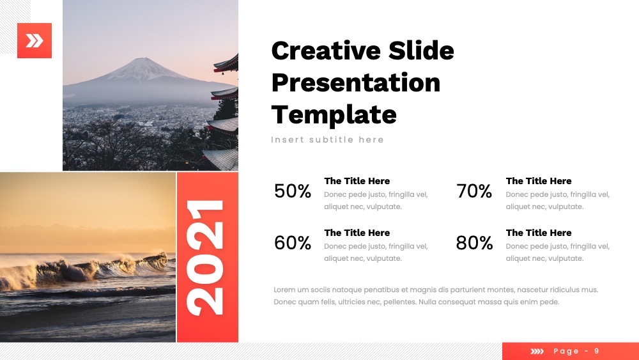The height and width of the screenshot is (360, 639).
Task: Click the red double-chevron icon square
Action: pos(35,40)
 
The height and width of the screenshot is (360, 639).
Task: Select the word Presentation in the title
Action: pos(356,82)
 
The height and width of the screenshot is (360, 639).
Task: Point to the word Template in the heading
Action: pos(334,114)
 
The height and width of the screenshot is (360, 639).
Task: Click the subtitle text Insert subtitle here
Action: pos(327,139)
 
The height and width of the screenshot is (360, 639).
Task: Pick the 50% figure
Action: pos(293,191)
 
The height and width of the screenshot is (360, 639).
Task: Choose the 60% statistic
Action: pos(293,242)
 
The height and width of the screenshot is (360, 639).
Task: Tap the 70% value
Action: pos(474,191)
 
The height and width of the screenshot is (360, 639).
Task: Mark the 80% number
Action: pos(474,242)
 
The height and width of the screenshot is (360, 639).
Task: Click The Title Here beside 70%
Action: pos(538,181)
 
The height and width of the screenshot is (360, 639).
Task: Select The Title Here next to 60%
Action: pos(357,233)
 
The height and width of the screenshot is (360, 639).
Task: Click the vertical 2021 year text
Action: pos(205,258)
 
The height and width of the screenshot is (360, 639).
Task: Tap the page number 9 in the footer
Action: pos(597,351)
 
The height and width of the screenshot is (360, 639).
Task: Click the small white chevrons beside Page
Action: pos(537,352)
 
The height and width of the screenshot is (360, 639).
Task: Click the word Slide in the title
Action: pos(421,51)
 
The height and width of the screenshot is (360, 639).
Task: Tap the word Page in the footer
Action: pos(566,352)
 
